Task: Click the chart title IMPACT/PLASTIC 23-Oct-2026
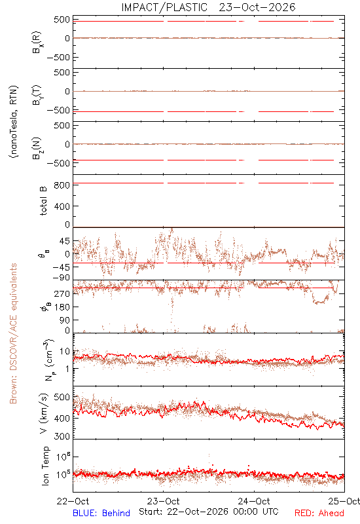[x=208, y=7]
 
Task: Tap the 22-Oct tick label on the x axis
[x=73, y=501]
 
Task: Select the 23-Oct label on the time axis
[x=163, y=501]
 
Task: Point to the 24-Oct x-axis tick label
[x=254, y=501]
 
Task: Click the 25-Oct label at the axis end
[x=344, y=501]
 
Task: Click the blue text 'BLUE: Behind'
[x=101, y=513]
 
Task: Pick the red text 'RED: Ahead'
[x=319, y=513]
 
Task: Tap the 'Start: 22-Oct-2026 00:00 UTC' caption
[x=209, y=512]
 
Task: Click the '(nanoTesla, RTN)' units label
[x=14, y=122]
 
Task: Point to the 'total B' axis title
[x=43, y=201]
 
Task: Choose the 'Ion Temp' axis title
[x=45, y=466]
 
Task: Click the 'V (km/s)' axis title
[x=44, y=413]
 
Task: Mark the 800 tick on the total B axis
[x=62, y=185]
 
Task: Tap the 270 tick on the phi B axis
[x=62, y=293]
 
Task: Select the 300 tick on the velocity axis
[x=62, y=436]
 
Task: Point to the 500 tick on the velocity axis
[x=62, y=397]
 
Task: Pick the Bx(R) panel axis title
[x=37, y=42]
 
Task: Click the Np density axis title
[x=48, y=360]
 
